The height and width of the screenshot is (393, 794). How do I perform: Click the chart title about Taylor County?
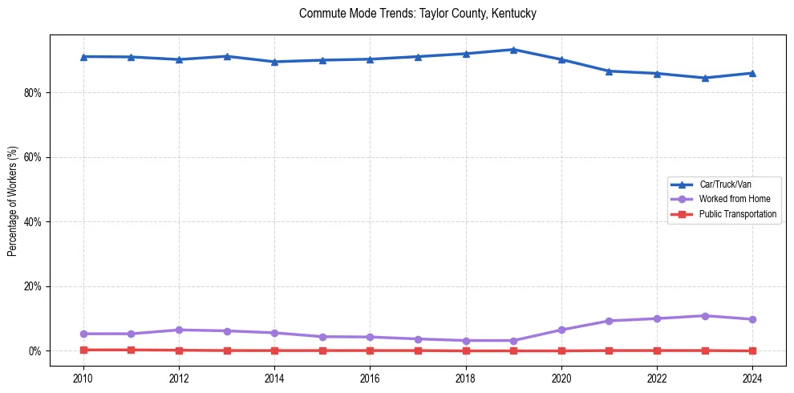tap(417, 14)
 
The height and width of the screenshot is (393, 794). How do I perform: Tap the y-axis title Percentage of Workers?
tap(13, 201)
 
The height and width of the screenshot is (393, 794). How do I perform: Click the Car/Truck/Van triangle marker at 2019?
tap(513, 50)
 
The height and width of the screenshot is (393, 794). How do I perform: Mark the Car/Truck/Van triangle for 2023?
tap(705, 78)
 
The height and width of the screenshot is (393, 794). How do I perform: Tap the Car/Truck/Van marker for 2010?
tap(83, 57)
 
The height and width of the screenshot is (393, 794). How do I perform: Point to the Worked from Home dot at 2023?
tap(705, 316)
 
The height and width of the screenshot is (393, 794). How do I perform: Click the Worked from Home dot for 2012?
tap(179, 330)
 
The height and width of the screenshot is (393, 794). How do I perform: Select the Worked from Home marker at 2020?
tap(561, 330)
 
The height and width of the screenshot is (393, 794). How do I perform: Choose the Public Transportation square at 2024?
tap(752, 350)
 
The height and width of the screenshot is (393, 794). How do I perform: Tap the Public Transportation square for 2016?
tap(370, 350)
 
